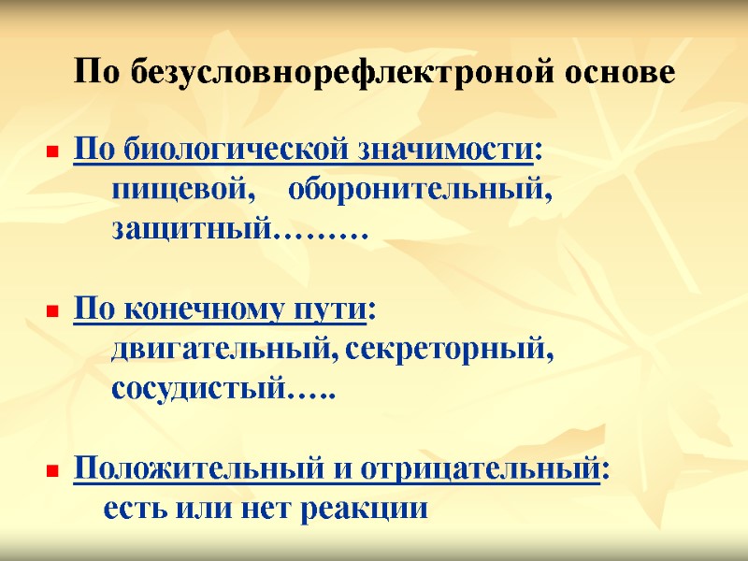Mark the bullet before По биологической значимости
point(52,151)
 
